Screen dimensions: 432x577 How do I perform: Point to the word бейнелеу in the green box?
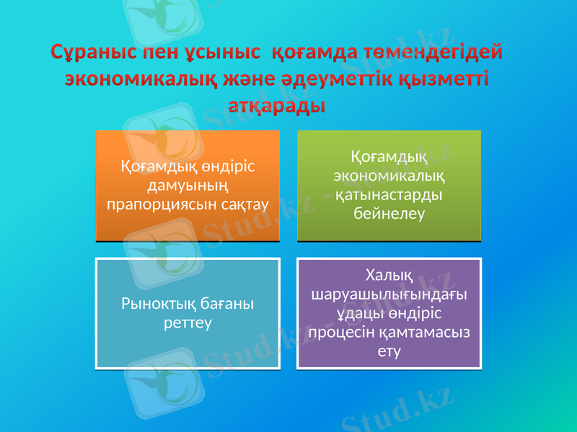click(389, 214)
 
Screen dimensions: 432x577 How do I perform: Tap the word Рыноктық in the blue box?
click(150, 305)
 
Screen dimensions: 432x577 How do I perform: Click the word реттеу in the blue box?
click(188, 323)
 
